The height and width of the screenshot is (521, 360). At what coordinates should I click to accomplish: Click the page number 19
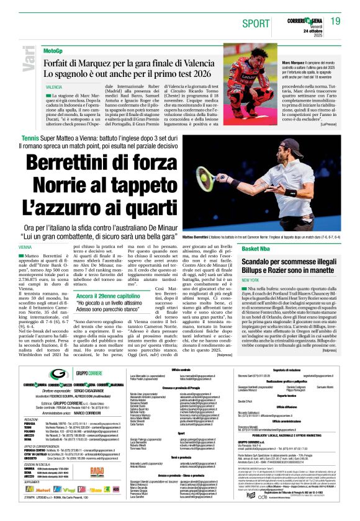pyautogui.click(x=336, y=22)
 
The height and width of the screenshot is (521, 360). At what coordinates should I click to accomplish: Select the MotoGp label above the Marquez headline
pyautogui.click(x=53, y=50)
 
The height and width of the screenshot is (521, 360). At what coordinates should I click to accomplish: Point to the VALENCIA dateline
pyautogui.click(x=54, y=88)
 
